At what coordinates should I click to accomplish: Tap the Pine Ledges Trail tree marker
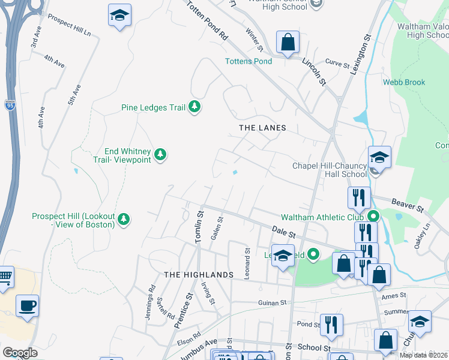click(x=194, y=107)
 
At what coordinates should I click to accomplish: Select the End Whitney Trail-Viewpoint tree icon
click(x=160, y=155)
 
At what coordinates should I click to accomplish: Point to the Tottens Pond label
click(x=248, y=61)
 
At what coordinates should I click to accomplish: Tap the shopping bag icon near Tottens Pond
click(x=288, y=43)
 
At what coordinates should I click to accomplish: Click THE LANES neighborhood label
click(x=262, y=128)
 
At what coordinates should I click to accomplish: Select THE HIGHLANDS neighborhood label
click(x=198, y=274)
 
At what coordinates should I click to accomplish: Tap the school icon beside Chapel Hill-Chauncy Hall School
click(x=379, y=158)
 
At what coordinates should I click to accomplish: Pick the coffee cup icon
click(x=27, y=306)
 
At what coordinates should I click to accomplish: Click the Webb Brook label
click(x=405, y=82)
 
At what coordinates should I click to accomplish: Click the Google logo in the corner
click(x=20, y=352)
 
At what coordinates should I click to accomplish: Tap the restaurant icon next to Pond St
click(x=331, y=325)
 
